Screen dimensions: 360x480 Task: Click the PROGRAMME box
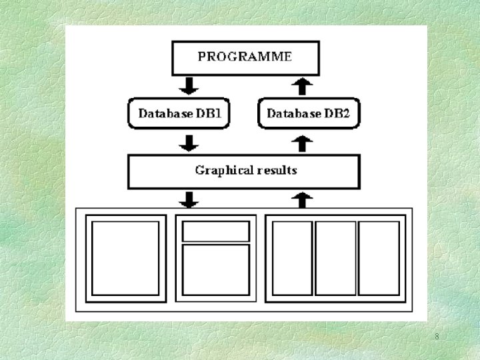[244, 57]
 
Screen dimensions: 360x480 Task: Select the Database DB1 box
[179, 113]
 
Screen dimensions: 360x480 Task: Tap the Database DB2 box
[308, 113]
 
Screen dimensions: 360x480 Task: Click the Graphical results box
[244, 171]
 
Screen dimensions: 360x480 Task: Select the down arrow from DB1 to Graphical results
[190, 143]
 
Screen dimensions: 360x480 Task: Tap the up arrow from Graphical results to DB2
[303, 143]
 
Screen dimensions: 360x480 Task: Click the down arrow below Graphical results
[190, 199]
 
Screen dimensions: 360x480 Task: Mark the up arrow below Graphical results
[303, 199]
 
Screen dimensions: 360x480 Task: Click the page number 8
[437, 337]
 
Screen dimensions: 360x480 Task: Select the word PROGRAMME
[244, 56]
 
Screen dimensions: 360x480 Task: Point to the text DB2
[337, 113]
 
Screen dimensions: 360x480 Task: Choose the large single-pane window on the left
[125, 258]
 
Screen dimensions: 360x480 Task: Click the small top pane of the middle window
[216, 231]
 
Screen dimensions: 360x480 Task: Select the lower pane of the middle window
[216, 270]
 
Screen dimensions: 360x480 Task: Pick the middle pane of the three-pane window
[335, 258]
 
